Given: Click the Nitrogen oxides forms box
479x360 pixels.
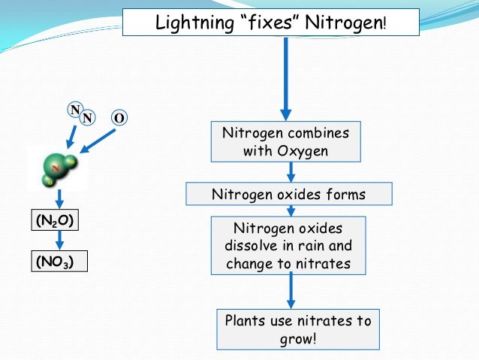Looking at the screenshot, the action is pos(289,195).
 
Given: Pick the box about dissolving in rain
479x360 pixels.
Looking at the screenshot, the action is pos(289,246).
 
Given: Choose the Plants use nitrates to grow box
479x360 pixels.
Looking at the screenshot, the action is pos(299,329).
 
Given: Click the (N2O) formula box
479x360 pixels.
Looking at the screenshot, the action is pos(57,221).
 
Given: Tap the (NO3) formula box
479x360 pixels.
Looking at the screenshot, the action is pos(57,262).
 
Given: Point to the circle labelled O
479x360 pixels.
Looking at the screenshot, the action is pos(119,118).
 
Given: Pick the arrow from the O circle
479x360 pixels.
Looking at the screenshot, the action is pos(98,141).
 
